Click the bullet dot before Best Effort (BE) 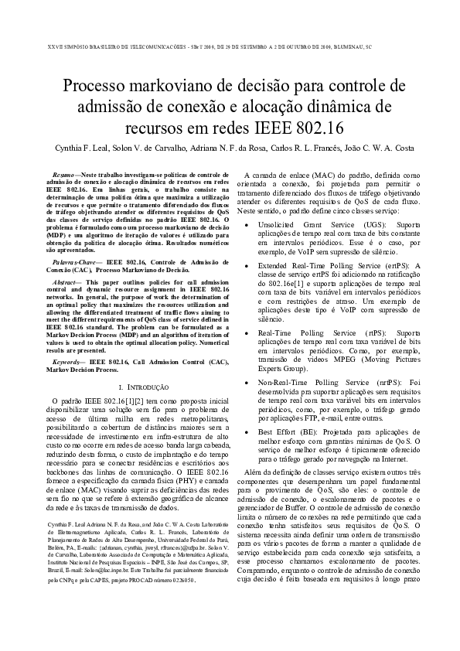coord(246,432)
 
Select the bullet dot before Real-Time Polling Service coord(246,332)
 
